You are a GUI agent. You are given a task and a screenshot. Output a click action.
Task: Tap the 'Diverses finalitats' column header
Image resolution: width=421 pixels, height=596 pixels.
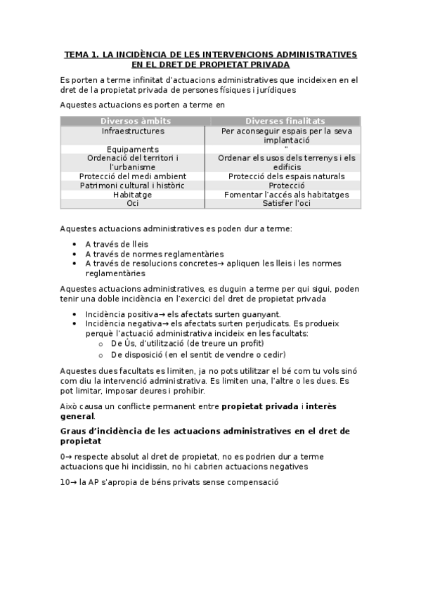(x=285, y=121)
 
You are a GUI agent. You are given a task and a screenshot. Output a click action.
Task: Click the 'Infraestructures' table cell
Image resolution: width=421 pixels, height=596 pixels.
(x=133, y=131)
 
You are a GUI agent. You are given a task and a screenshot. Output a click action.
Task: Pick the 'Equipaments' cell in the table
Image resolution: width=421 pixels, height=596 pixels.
(x=133, y=149)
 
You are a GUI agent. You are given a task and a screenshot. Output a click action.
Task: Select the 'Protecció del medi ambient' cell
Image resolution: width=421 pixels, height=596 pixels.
(x=133, y=176)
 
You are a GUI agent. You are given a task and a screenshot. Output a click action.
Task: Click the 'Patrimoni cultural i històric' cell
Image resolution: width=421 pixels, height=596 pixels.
(x=133, y=186)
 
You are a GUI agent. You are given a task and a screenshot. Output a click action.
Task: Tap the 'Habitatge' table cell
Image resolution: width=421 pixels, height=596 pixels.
(x=133, y=195)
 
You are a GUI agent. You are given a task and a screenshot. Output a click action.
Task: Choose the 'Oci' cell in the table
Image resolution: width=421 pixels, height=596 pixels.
(x=133, y=203)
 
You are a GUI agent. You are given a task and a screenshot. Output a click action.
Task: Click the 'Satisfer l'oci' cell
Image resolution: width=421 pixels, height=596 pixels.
(x=286, y=203)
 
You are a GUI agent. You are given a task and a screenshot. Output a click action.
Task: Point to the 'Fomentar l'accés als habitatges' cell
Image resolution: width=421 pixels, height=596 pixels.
(x=286, y=195)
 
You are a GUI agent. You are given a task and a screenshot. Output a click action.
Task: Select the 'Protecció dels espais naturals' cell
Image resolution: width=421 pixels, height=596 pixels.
(x=286, y=176)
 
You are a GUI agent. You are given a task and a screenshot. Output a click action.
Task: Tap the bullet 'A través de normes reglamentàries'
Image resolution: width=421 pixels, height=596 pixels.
(x=154, y=254)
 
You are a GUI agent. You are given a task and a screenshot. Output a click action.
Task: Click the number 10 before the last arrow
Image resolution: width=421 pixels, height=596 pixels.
(x=65, y=483)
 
